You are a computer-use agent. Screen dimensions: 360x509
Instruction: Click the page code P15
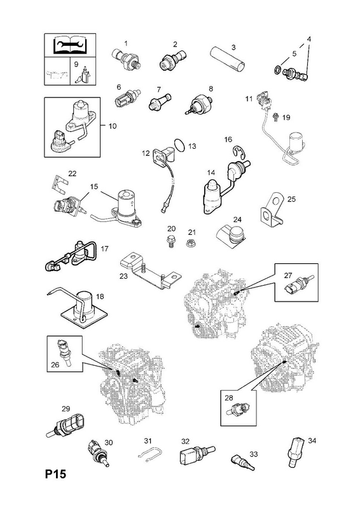point(55,474)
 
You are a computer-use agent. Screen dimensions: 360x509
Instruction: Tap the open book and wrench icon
point(70,45)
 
